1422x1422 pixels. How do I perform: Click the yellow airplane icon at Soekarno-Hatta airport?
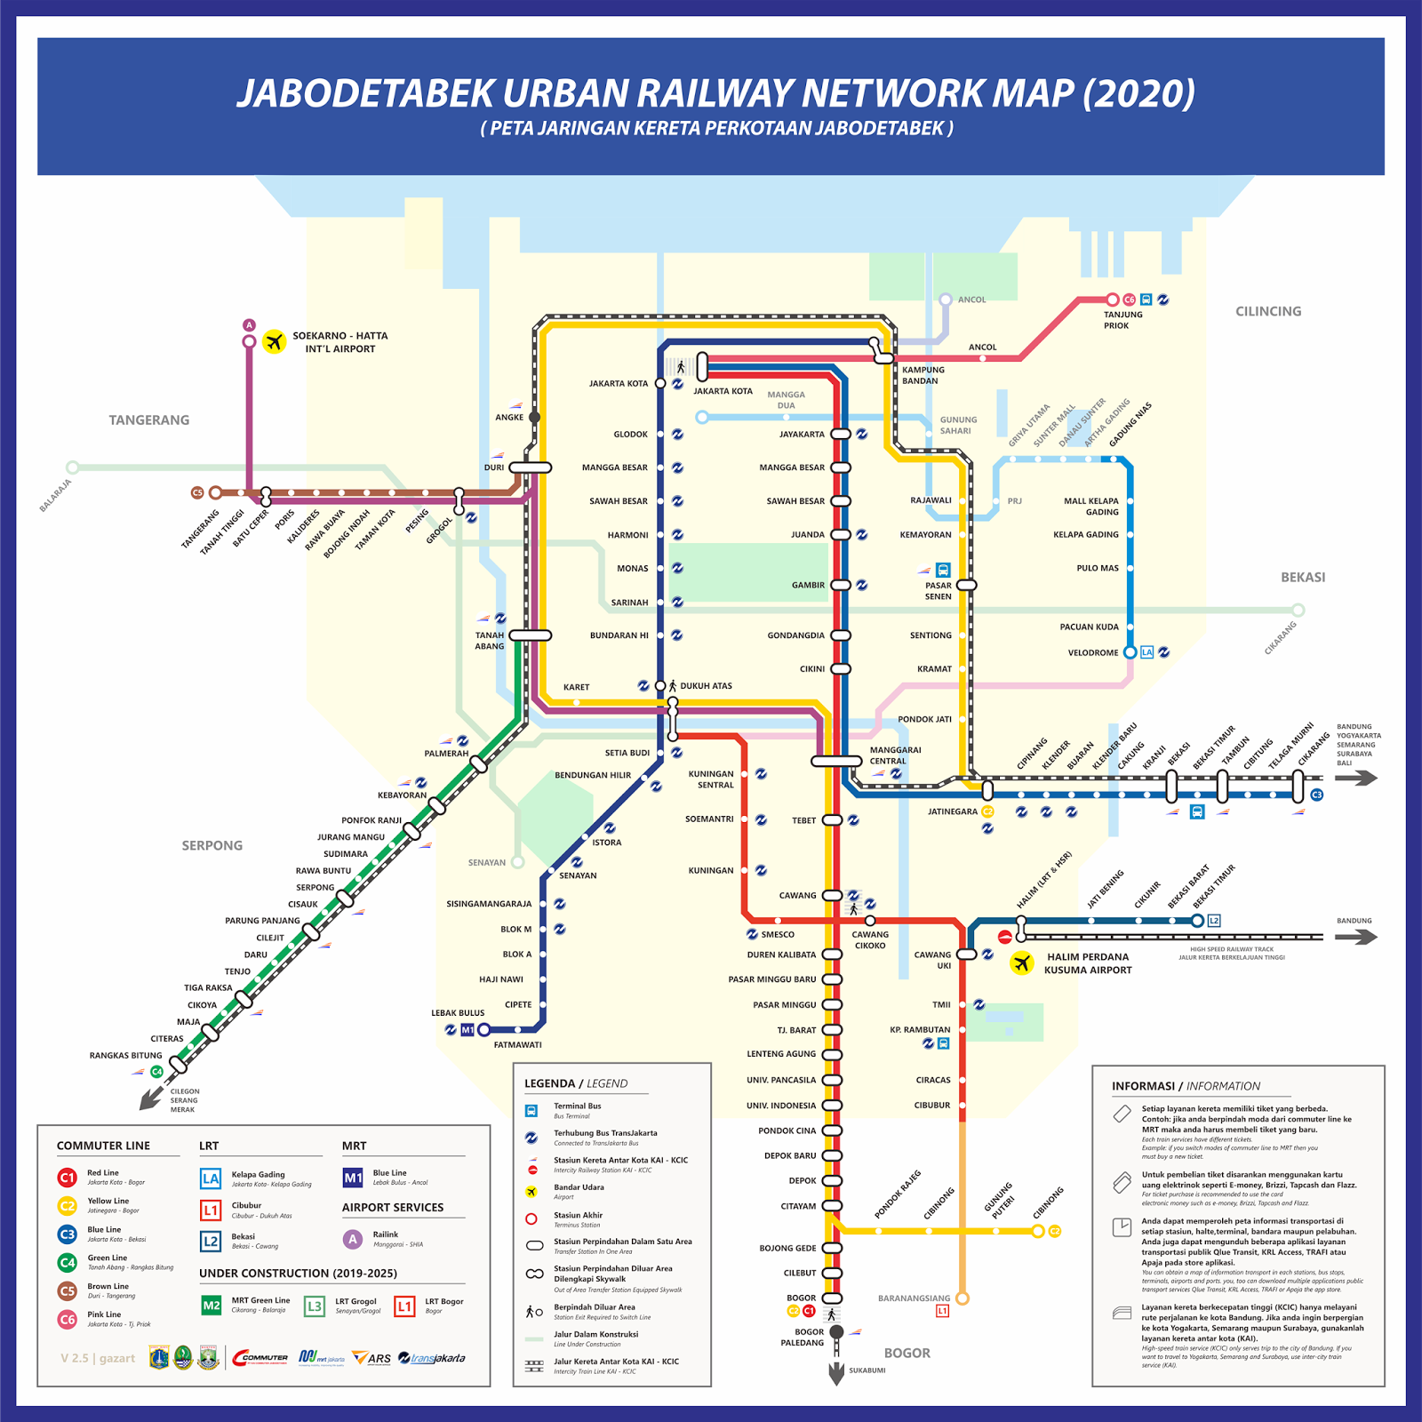point(274,341)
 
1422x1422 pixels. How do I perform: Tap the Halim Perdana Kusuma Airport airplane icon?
point(1022,963)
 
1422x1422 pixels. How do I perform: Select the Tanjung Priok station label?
point(1122,320)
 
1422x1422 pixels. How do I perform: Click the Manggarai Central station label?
point(895,755)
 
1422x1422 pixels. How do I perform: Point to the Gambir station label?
point(808,585)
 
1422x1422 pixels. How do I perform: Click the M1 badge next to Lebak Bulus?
point(467,1030)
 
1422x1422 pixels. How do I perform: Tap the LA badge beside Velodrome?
point(1146,652)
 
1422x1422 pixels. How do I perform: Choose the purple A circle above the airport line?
point(250,325)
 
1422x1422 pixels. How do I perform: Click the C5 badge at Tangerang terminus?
point(197,492)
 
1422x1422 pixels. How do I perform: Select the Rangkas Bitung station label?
point(125,1055)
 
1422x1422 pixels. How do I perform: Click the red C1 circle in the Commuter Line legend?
point(68,1178)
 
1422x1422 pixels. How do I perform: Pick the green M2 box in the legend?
point(211,1306)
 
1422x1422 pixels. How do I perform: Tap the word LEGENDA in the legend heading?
point(549,1083)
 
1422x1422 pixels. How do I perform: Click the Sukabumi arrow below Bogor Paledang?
point(836,1373)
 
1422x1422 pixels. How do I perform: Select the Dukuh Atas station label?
point(706,686)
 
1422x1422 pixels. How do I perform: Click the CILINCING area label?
point(1267,311)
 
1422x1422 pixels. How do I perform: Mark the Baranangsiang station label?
point(914,1298)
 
